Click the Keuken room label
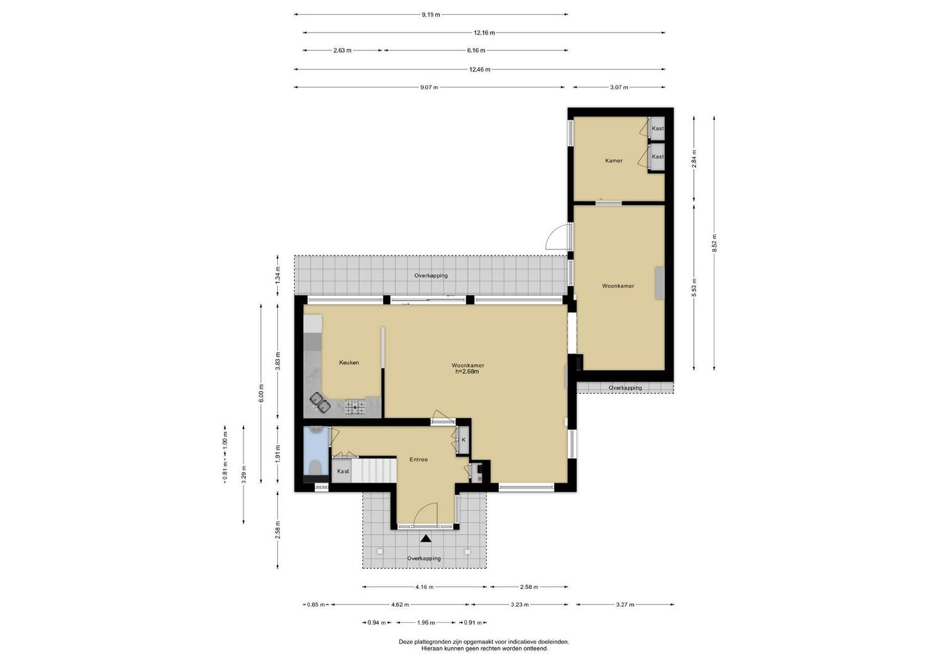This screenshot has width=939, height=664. pos(349,363)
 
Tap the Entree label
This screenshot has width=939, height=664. pos(418,459)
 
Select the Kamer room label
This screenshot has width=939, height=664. pos(614,160)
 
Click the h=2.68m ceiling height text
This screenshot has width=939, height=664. pos(467,371)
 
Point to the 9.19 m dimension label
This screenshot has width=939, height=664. pos(431,15)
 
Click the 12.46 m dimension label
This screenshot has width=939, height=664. pos(480,69)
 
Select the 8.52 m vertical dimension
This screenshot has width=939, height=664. pos(715,243)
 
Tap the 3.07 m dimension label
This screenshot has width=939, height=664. pos(619,87)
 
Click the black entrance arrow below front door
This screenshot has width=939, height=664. pos(426,539)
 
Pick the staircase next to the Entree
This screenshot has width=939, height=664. pos(373,470)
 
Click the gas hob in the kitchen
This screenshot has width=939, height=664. pos(355,407)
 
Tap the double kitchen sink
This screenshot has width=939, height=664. pos(320,403)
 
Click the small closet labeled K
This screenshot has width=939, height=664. pos(463,440)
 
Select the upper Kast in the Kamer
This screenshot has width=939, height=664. pos(657,128)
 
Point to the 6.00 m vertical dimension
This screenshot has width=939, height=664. pos(261,393)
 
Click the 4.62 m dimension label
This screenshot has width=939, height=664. pos(400,605)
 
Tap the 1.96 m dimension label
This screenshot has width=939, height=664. pos(426,623)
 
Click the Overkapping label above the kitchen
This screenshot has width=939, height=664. pos(431,276)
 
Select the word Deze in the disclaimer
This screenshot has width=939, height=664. pos(405,642)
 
